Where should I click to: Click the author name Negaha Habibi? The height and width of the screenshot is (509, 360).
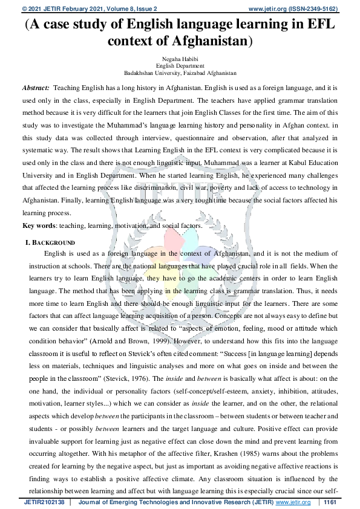(180, 59)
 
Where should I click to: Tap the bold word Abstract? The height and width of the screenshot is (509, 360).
(36, 88)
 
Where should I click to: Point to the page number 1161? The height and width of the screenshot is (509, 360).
(330, 502)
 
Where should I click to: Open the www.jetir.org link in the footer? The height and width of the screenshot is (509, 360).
(293, 502)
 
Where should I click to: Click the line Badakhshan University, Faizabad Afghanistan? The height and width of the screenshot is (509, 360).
(180, 73)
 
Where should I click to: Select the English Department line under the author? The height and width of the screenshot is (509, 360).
(180, 65)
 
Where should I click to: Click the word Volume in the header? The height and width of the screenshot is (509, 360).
(121, 9)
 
